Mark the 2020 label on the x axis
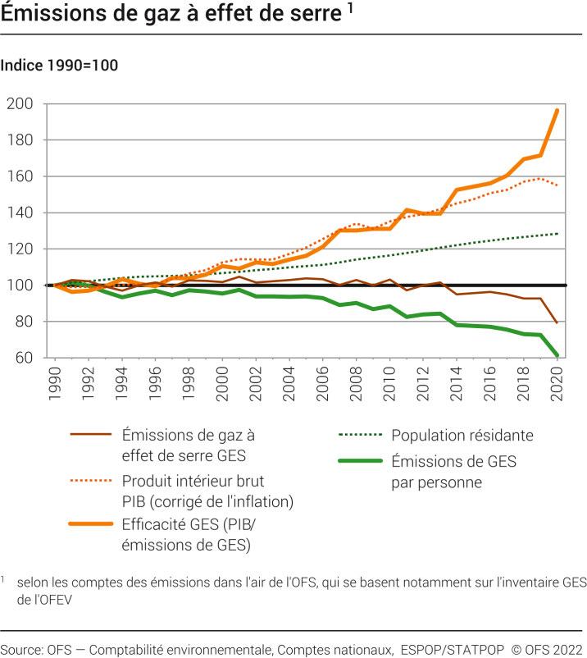click(558, 382)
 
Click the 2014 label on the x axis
click(457, 382)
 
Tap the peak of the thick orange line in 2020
click(557, 110)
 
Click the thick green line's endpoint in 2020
click(557, 355)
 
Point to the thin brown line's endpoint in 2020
click(557, 322)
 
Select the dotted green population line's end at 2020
click(557, 234)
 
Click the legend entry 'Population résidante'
click(462, 436)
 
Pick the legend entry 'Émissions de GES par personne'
click(453, 472)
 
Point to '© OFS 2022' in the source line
click(546, 649)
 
